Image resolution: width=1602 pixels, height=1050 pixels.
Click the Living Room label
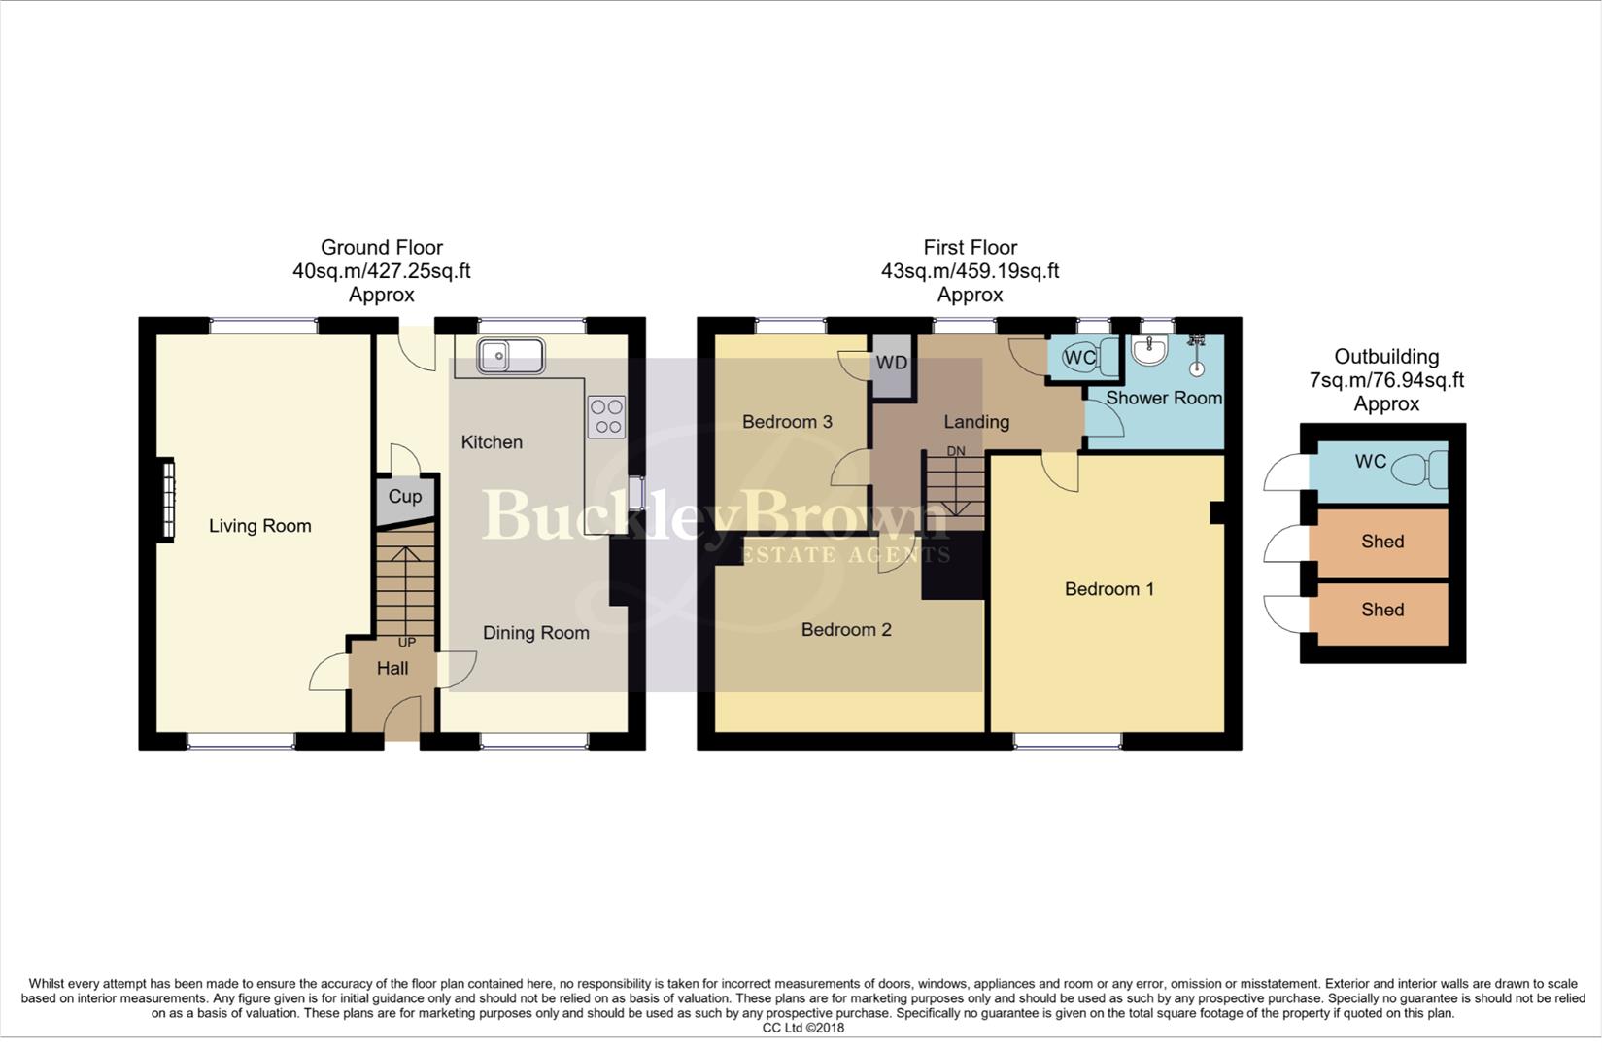260,526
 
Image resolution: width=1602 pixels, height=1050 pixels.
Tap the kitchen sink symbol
510,356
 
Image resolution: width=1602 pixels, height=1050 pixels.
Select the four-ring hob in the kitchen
607,417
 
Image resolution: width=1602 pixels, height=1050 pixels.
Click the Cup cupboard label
405,497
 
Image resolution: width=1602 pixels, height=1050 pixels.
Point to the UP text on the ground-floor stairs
407,643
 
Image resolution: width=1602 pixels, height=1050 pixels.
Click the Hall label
392,669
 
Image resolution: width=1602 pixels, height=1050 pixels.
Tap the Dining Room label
536,633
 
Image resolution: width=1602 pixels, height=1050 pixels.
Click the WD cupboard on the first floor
892,364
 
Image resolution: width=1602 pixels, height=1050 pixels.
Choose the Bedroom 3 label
787,422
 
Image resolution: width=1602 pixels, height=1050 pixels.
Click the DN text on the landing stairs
956,451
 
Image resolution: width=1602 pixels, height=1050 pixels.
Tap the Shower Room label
1163,398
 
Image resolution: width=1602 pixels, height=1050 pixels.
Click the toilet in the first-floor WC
1099,357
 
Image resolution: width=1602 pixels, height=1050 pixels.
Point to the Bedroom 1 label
1109,589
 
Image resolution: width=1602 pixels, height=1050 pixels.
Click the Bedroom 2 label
846,630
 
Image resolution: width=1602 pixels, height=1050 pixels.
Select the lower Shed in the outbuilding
1381,611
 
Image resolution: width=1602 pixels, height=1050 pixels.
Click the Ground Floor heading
382,248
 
